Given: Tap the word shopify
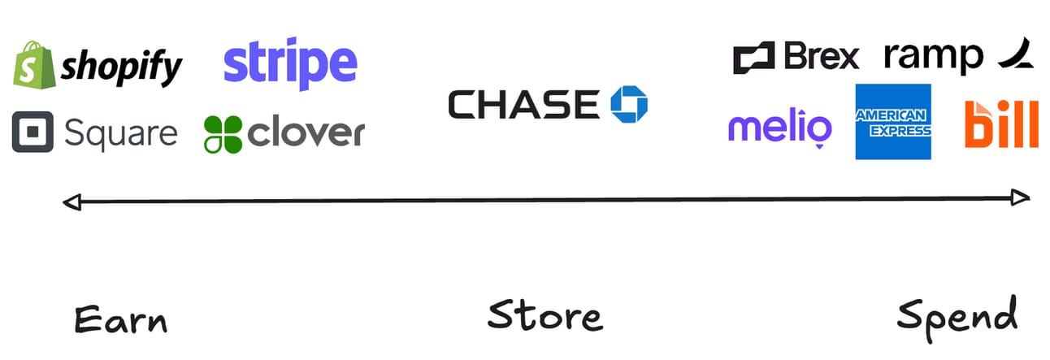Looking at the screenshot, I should click(122, 67).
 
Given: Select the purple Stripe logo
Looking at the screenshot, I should click(290, 65).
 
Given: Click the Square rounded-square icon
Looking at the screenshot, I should click(33, 132).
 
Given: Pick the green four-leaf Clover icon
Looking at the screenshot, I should click(223, 134).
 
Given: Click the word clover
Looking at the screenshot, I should click(306, 133).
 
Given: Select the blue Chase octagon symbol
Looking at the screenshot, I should click(629, 104).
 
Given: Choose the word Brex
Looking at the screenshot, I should click(822, 58).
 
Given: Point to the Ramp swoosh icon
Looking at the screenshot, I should click(1016, 55).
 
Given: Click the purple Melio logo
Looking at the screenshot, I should click(779, 129).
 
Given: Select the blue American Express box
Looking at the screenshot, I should click(893, 122).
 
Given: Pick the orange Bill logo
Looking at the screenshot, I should click(1000, 124).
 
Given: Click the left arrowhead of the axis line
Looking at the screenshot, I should click(72, 201).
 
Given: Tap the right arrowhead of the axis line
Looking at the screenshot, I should click(1022, 197).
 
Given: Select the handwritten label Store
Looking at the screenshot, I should click(545, 316).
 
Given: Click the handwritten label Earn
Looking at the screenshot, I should click(120, 319).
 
